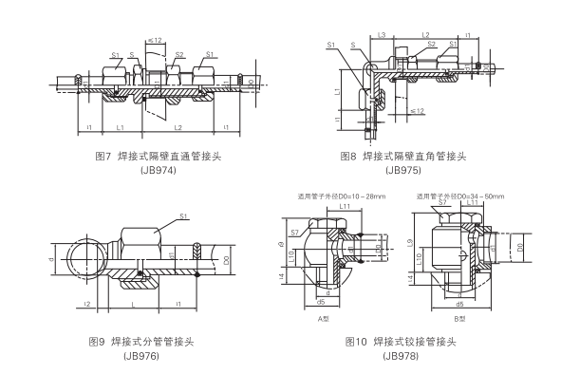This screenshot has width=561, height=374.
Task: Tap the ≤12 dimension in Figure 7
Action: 155,41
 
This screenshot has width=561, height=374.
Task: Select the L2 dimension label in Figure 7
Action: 177,127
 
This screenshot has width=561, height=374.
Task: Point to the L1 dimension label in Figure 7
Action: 120,127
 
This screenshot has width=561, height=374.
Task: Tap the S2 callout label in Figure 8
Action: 432,44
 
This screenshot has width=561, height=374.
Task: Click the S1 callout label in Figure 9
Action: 182,217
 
